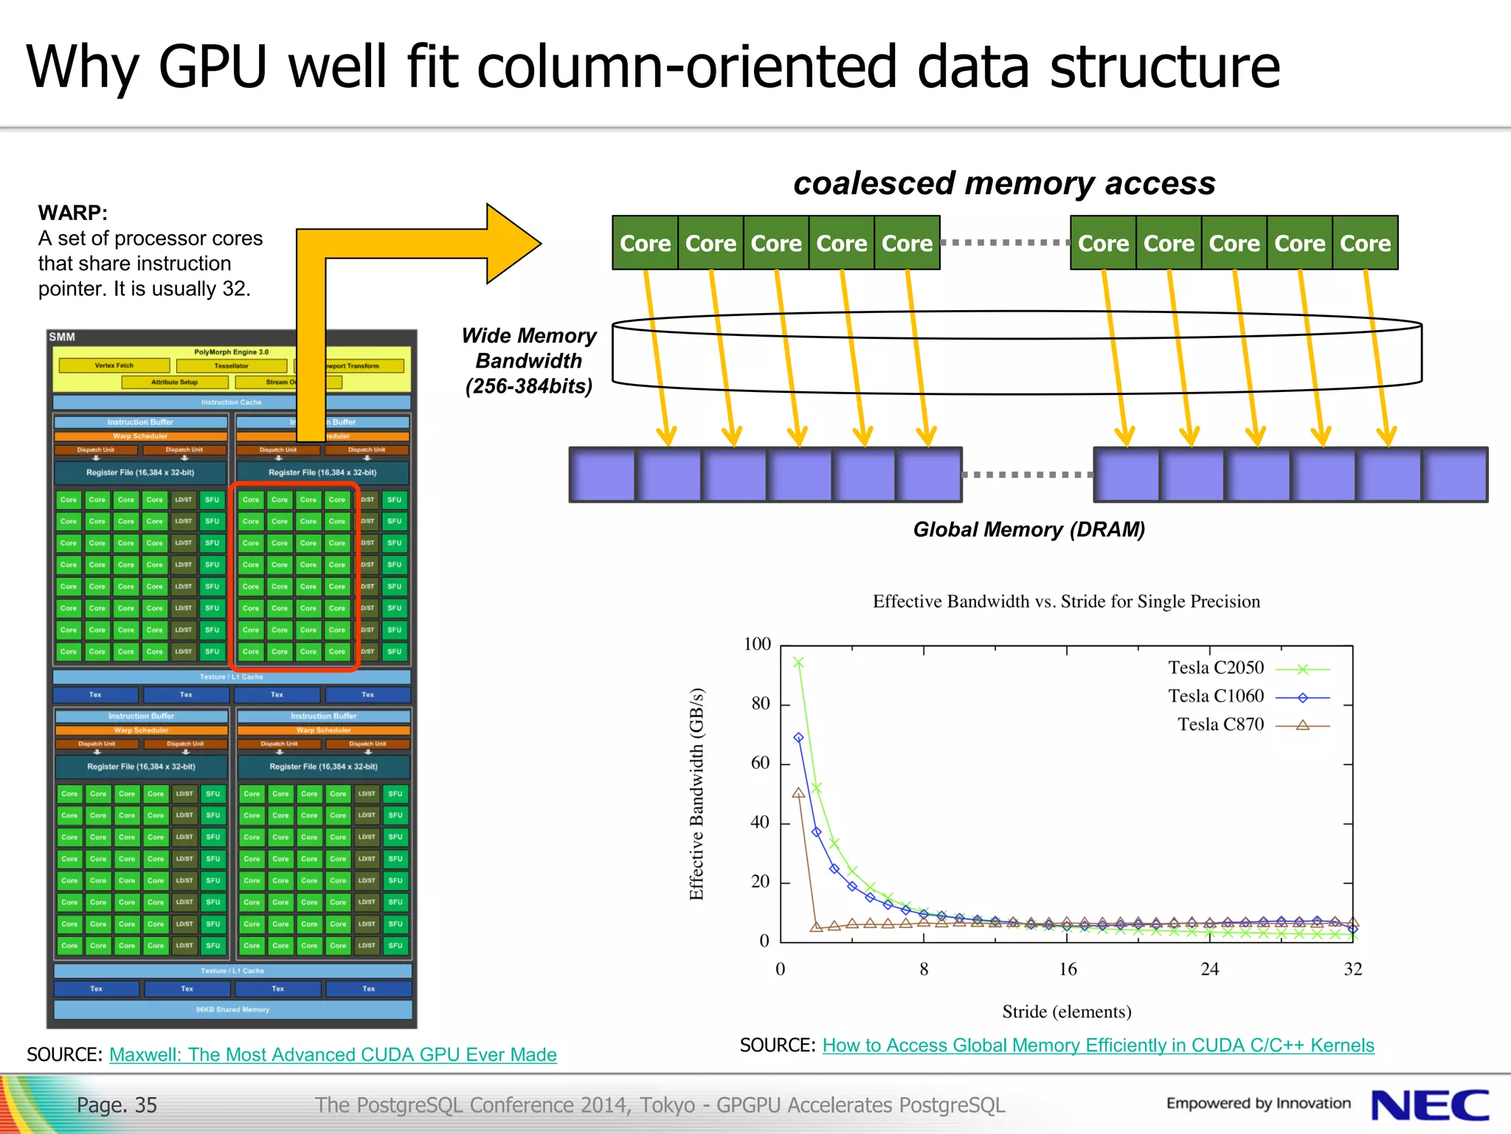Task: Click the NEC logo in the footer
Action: coord(1429,1105)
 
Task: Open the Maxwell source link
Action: coord(333,1055)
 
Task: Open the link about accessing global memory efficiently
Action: coord(1098,1045)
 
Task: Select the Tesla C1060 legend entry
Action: coord(1248,697)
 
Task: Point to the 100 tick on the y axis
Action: coord(758,645)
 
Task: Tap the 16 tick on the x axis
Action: coord(1068,969)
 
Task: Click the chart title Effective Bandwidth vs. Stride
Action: coord(1066,602)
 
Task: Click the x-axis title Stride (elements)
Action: coord(1066,1011)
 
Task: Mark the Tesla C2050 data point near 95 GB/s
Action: coord(798,662)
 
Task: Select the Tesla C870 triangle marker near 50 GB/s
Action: coord(798,793)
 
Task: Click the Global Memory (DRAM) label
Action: coord(1028,529)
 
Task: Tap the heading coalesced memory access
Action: coord(1004,183)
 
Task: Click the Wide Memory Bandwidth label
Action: coord(529,361)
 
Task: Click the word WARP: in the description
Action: coord(73,213)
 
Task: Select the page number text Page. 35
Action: coord(117,1105)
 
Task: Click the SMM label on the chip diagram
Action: coord(62,337)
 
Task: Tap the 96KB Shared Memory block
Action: coord(232,1009)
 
